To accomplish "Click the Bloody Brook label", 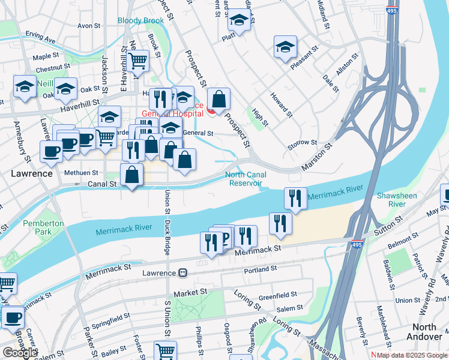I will (140, 20).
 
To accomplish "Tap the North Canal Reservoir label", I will (244, 179).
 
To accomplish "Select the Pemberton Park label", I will (43, 228).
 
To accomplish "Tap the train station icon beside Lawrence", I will (182, 272).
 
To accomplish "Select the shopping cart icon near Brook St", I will (138, 60).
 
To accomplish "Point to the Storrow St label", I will (302, 143).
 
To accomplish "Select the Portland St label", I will (260, 270).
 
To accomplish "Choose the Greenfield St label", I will (277, 295).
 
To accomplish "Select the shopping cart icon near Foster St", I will (165, 350).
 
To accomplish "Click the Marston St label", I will (313, 155).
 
